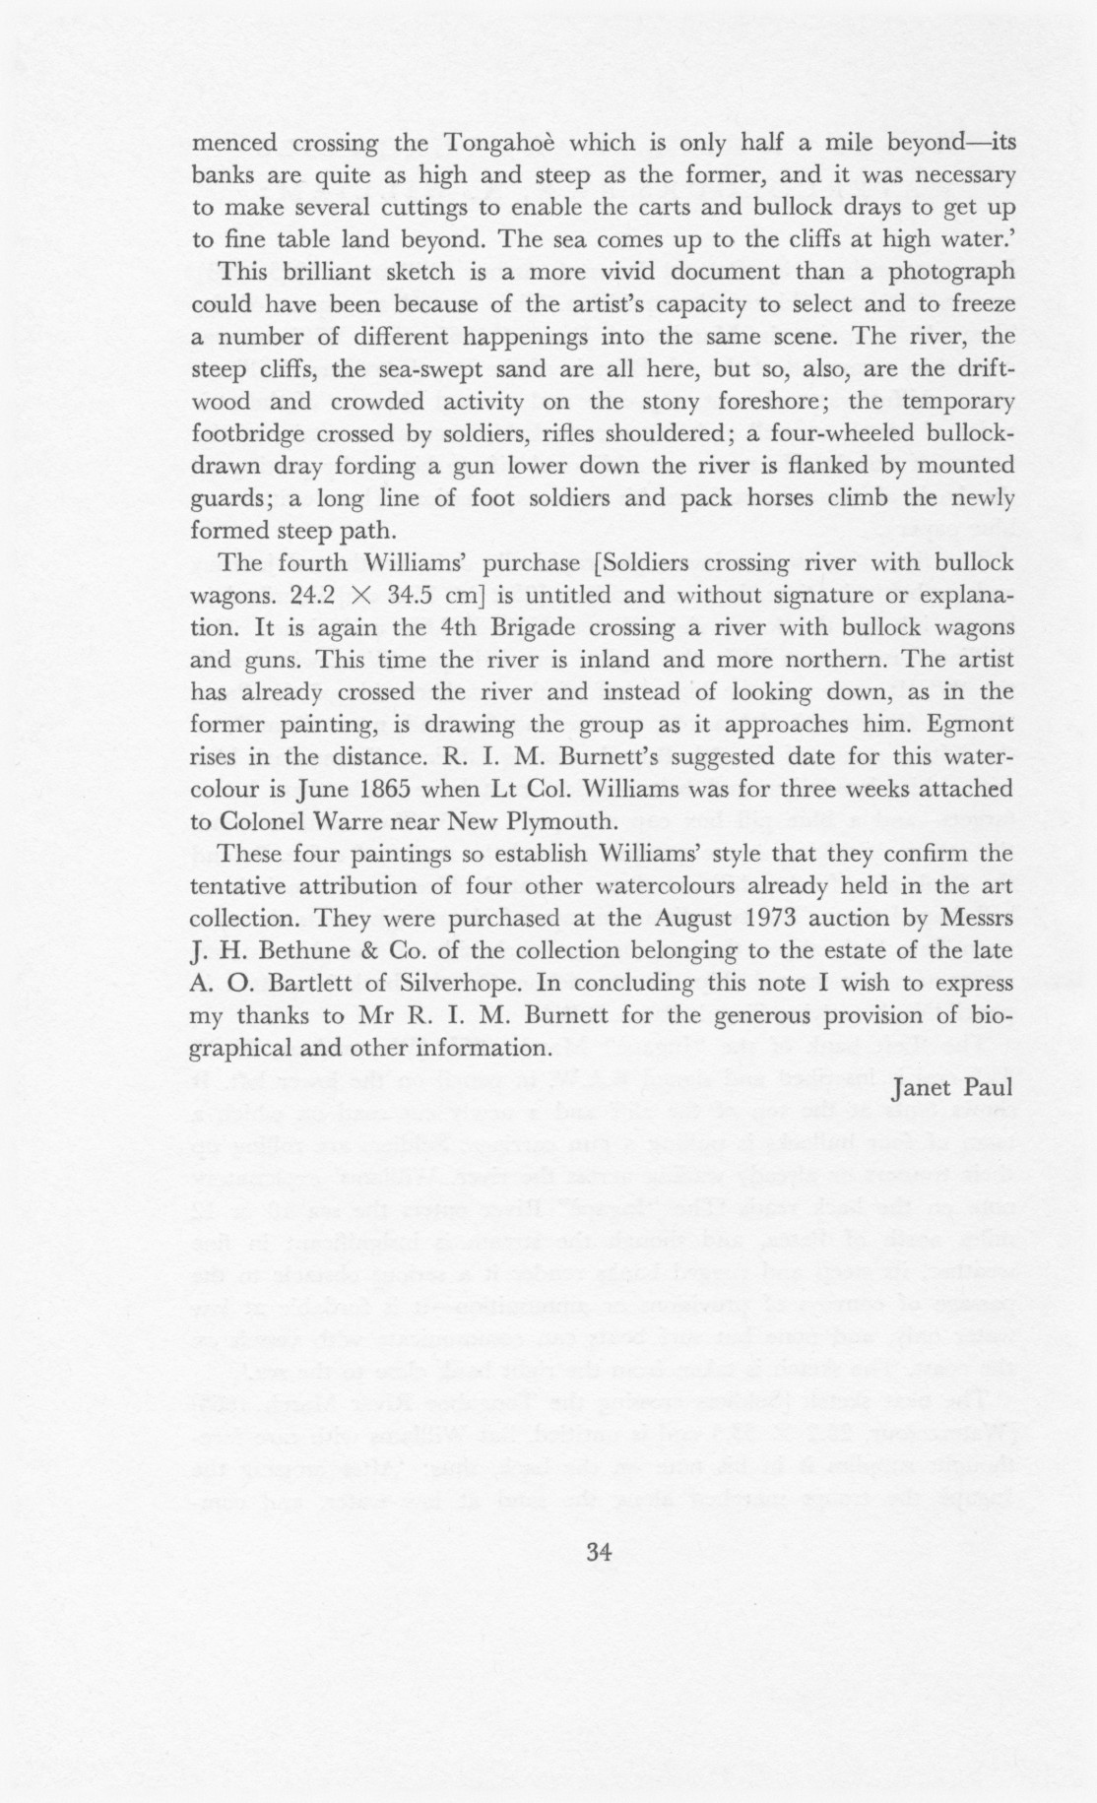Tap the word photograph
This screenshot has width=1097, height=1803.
pos(952,272)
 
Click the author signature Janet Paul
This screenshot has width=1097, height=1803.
pos(951,1090)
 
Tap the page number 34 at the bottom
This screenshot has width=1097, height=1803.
pos(599,1553)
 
